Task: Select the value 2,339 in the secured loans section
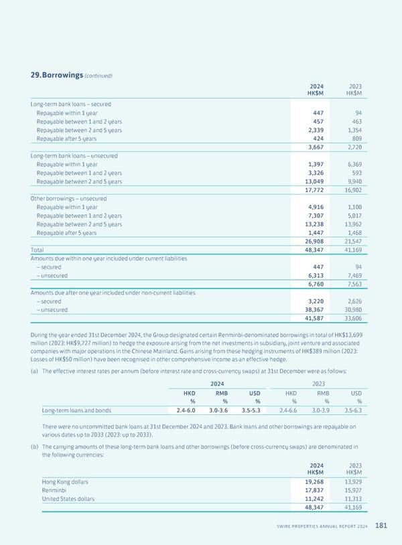click(x=317, y=131)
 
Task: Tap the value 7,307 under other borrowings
click(x=317, y=216)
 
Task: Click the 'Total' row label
click(x=38, y=250)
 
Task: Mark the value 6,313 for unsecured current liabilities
click(x=317, y=275)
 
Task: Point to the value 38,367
click(x=315, y=309)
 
